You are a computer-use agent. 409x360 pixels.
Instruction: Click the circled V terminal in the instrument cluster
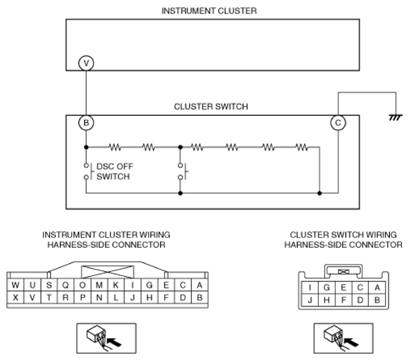[x=86, y=63]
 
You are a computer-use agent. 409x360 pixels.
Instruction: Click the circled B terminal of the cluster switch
[x=86, y=122]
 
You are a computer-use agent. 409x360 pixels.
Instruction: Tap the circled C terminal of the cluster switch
[x=338, y=122]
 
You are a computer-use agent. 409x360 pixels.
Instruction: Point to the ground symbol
[x=396, y=117]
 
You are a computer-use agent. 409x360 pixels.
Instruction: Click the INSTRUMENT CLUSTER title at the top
[x=209, y=11]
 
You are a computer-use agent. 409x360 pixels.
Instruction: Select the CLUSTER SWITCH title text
[x=211, y=107]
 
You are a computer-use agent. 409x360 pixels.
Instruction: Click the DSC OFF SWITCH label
[x=115, y=172]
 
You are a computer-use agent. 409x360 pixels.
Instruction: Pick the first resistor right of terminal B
[x=115, y=148]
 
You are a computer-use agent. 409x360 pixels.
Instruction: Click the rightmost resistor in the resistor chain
[x=302, y=148]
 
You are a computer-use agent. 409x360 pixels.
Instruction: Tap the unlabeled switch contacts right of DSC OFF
[x=182, y=172]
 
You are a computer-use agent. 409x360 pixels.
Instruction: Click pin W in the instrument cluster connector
[x=16, y=284]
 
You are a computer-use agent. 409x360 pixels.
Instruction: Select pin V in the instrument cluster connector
[x=32, y=297]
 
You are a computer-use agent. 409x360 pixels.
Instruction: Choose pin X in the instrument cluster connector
[x=16, y=297]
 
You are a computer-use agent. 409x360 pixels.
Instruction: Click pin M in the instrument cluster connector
[x=99, y=284]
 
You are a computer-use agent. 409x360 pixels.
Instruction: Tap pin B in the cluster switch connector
[x=377, y=300]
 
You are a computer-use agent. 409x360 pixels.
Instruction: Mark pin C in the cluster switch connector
[x=360, y=287]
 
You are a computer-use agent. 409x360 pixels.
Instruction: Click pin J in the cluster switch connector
[x=310, y=300]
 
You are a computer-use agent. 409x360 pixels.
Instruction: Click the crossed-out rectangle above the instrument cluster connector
[x=108, y=272]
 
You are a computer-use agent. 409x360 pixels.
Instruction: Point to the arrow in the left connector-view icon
[x=114, y=342]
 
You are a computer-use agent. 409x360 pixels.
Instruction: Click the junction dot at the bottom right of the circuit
[x=319, y=193]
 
